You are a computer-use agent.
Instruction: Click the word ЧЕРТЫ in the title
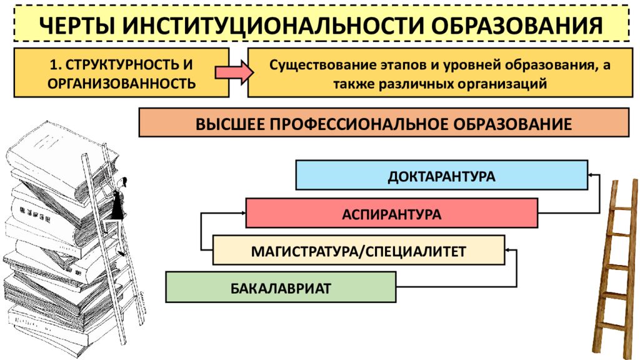76,24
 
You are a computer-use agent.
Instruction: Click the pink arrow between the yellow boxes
234,72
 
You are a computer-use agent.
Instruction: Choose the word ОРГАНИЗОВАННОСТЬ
122,83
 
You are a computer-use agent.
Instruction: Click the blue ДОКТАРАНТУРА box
442,175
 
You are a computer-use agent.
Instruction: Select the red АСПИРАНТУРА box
391,213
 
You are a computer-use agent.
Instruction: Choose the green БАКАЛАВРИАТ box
281,287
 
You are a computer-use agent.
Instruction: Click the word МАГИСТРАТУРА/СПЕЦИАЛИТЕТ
358,251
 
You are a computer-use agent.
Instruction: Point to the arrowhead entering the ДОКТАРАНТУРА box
590,175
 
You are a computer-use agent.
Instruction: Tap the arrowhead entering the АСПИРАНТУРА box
243,213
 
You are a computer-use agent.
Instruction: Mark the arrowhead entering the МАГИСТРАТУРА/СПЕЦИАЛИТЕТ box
507,250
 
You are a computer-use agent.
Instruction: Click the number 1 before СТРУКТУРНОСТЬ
53,64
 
